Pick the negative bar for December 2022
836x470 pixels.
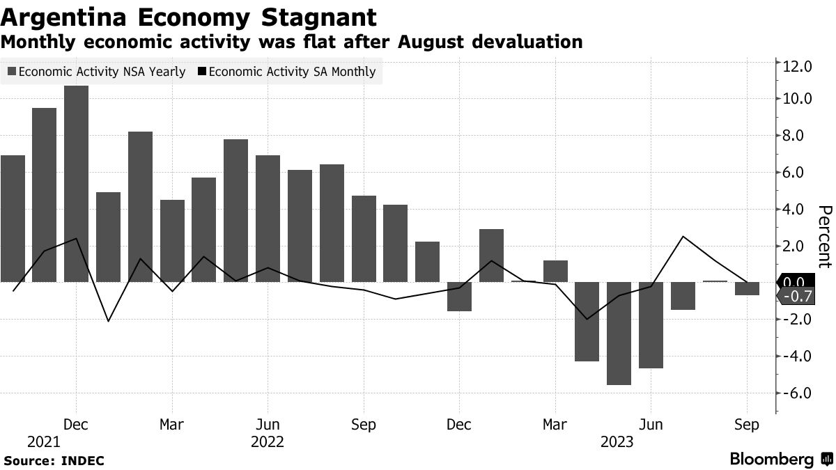[x=459, y=297]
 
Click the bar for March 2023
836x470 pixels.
[x=555, y=272]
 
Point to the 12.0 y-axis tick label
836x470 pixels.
[x=798, y=67]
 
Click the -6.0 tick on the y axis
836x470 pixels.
[x=798, y=393]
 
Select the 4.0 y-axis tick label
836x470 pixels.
[x=798, y=210]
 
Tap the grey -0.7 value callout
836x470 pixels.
[x=796, y=297]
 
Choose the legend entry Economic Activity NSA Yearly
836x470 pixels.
[x=96, y=72]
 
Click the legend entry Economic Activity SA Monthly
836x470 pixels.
[x=287, y=72]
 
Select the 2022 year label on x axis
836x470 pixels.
[x=268, y=442]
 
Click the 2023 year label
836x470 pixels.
[x=617, y=442]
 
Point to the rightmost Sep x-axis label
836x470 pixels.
[x=747, y=424]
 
